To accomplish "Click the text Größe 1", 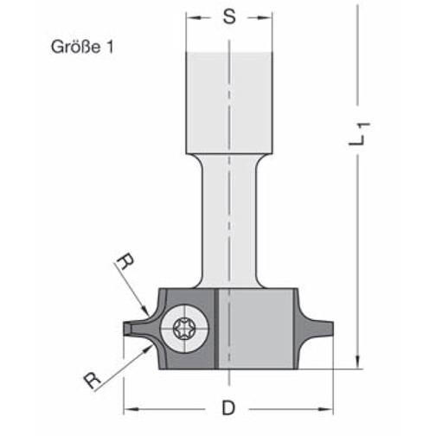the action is click(82, 47).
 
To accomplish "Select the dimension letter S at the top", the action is click(229, 16).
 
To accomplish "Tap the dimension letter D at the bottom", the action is click(228, 408).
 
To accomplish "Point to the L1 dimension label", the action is click(359, 134).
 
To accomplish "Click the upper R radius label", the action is click(125, 261).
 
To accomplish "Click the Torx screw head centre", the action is click(184, 329).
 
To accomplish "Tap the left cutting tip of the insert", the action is click(124, 329).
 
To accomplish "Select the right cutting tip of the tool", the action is click(333, 329).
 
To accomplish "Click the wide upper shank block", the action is click(229, 103).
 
